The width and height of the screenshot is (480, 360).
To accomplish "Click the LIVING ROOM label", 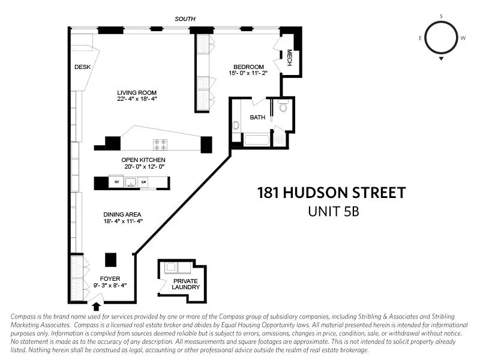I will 137,92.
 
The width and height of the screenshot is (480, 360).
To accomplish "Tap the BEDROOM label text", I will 248,67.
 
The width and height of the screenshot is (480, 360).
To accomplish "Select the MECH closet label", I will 289,58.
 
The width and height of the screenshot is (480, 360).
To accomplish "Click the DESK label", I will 82,67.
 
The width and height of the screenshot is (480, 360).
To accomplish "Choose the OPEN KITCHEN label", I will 143,160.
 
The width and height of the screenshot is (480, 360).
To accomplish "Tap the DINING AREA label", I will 122,214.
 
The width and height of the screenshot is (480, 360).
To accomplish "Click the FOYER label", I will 110,278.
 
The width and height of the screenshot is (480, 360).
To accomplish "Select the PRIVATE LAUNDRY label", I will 185,284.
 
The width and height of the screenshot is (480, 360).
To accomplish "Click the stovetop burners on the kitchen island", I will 160,144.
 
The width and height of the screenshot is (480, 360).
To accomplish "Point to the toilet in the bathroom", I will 283,109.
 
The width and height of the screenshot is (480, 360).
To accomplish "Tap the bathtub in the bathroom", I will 257,140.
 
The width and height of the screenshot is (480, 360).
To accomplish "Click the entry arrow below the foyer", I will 97,290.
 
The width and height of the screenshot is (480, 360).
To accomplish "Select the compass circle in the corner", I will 441,37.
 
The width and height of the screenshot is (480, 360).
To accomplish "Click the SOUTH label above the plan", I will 185,19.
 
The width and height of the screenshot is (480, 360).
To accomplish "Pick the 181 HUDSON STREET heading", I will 331,193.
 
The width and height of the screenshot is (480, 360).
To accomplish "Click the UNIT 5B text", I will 333,212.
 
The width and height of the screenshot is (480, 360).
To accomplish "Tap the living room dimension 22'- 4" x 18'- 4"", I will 137,99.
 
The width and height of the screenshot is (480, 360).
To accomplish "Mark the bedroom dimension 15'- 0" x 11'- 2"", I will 248,73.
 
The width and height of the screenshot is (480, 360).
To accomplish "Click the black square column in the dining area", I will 110,259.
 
